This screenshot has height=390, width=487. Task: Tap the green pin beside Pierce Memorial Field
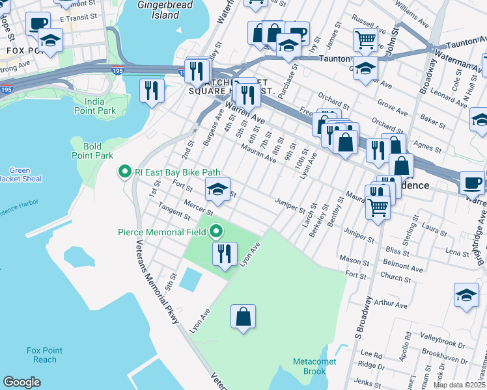pyautogui.click(x=216, y=231)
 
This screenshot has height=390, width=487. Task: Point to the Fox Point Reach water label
pyautogui.click(x=45, y=355)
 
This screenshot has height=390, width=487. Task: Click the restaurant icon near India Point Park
pyautogui.click(x=152, y=90)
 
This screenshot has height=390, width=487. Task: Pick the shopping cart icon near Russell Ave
pyautogui.click(x=365, y=40)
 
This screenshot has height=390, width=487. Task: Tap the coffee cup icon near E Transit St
pyautogui.click(x=38, y=23)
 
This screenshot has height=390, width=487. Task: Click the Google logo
pyautogui.click(x=21, y=382)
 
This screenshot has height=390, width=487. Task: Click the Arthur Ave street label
pyautogui.click(x=391, y=304)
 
